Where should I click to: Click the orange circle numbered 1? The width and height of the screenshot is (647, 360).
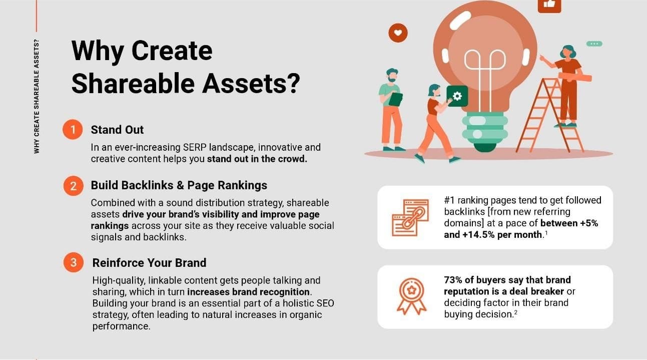73,130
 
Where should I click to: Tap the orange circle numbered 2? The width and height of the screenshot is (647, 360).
74,186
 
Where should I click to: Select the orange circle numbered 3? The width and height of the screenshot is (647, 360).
74,262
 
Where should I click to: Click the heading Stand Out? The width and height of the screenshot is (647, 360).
117,130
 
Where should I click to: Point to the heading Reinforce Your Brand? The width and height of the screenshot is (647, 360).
149,263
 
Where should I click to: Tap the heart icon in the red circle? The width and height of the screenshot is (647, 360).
398,33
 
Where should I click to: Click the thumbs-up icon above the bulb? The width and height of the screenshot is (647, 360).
549,5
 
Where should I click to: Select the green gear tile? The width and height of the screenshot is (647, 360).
457,96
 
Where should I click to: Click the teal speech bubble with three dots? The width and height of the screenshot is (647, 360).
594,44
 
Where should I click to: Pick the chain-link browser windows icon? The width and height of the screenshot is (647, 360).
410,217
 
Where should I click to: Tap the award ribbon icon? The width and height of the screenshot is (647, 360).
412,296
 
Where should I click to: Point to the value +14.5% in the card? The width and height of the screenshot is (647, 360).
478,235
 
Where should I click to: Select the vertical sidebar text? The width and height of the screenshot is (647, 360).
37,96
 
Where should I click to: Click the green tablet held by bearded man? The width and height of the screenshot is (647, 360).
395,99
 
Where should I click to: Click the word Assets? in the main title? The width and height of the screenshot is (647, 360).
251,83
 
